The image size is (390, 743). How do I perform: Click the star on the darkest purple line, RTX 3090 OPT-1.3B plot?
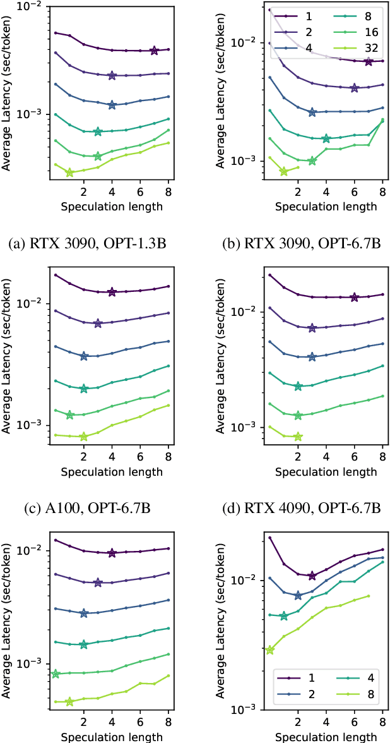[x=155, y=51]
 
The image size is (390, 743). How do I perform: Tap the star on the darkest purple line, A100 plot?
[x=112, y=292]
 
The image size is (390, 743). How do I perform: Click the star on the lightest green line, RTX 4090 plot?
[x=298, y=437]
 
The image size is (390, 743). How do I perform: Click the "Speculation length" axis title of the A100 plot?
[x=112, y=471]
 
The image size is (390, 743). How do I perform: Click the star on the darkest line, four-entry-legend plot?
[x=312, y=576]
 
